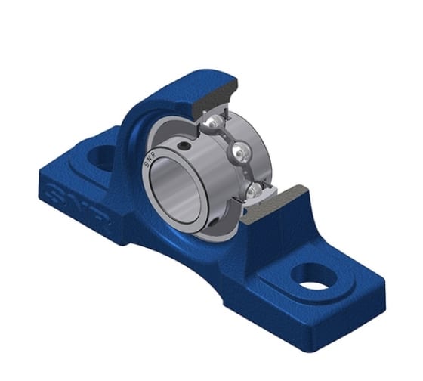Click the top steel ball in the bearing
[215, 120]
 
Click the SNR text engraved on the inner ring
[150, 161]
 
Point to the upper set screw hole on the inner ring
[184, 146]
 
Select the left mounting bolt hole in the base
[100, 156]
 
